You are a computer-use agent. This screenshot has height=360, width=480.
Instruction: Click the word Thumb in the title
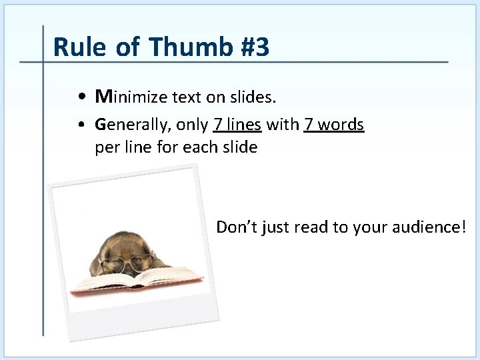click(188, 47)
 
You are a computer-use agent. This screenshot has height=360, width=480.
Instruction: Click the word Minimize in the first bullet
click(131, 97)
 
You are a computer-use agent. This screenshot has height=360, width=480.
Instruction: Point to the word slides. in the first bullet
click(252, 97)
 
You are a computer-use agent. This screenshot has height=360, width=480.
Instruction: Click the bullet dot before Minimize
click(80, 98)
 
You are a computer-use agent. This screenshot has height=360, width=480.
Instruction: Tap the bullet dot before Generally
click(80, 125)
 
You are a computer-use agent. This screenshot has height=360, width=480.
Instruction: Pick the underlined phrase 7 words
click(333, 125)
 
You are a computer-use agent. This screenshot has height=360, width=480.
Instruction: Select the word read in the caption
click(311, 227)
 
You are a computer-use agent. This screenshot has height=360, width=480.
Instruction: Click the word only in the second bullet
click(192, 125)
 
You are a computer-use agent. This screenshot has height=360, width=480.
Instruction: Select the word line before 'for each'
click(141, 147)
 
